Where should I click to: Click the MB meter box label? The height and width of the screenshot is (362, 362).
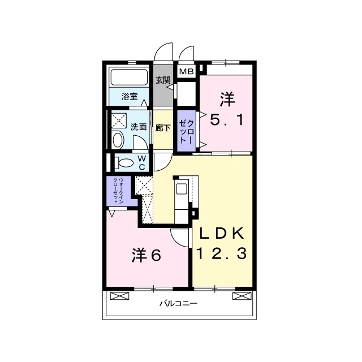186,72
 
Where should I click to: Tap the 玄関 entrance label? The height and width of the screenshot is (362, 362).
163,80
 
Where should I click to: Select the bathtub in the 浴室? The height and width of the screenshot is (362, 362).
129,77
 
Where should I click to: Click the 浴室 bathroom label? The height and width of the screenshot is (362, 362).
130,97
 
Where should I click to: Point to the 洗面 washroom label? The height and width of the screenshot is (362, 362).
139,127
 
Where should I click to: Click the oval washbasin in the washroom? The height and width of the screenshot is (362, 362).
118,140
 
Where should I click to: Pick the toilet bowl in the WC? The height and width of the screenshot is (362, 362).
124,163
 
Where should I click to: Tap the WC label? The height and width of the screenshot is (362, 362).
142,162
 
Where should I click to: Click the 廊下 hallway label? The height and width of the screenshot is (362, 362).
163,128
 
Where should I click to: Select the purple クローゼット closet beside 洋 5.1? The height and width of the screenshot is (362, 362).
186,131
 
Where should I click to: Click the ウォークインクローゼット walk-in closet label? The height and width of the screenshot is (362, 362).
118,191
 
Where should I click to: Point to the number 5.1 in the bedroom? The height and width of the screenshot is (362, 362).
227,120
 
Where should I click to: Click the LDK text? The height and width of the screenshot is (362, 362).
222,234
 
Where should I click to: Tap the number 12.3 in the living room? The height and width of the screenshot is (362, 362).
222,253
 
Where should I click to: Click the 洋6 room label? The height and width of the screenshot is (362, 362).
146,255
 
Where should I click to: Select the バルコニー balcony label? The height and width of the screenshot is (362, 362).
179,303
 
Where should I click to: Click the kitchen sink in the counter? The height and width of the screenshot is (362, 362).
181,189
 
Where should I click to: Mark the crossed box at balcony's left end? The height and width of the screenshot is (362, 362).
119,296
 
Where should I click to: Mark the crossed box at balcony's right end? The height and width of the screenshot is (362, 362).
242,296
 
